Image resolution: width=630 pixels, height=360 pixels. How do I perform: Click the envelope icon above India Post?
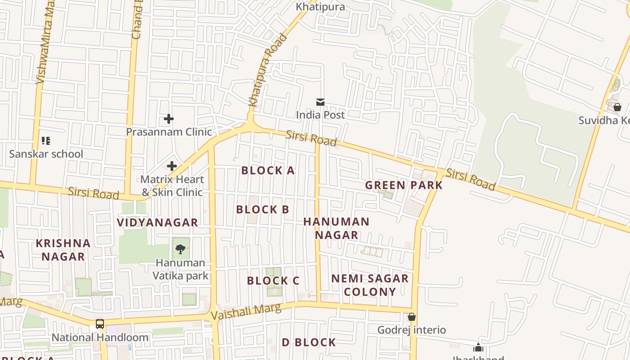(x=320, y=102)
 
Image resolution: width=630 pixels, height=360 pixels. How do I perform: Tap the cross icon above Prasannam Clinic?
(x=169, y=119)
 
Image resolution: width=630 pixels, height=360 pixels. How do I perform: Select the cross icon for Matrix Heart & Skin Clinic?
(x=172, y=166)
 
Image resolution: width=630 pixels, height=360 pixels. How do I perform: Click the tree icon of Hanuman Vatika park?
(x=180, y=249)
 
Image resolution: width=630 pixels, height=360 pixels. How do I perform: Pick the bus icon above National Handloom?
(x=100, y=324)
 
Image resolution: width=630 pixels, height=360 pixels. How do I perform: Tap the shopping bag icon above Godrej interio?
(x=411, y=317)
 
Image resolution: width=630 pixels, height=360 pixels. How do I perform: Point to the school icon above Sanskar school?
(x=46, y=141)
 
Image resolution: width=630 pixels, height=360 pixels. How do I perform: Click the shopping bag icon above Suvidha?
(x=617, y=107)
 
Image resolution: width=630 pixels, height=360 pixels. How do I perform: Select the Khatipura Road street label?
(x=268, y=70)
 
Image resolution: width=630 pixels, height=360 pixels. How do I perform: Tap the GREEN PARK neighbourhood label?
(x=404, y=185)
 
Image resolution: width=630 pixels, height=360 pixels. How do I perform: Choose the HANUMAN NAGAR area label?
(x=336, y=228)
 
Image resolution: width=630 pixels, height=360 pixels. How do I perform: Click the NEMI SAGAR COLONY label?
(x=370, y=285)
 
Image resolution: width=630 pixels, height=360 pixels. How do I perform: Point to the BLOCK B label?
(x=262, y=209)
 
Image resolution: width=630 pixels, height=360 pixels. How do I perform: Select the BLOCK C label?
(x=273, y=281)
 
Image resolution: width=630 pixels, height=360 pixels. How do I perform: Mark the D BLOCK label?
(x=309, y=342)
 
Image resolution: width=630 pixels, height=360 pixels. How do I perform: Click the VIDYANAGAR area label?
(x=157, y=222)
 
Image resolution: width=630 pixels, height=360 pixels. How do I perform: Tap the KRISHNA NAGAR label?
(x=63, y=250)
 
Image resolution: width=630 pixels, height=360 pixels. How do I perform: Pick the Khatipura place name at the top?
(x=320, y=7)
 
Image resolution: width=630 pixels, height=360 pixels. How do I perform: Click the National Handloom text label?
(x=100, y=337)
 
